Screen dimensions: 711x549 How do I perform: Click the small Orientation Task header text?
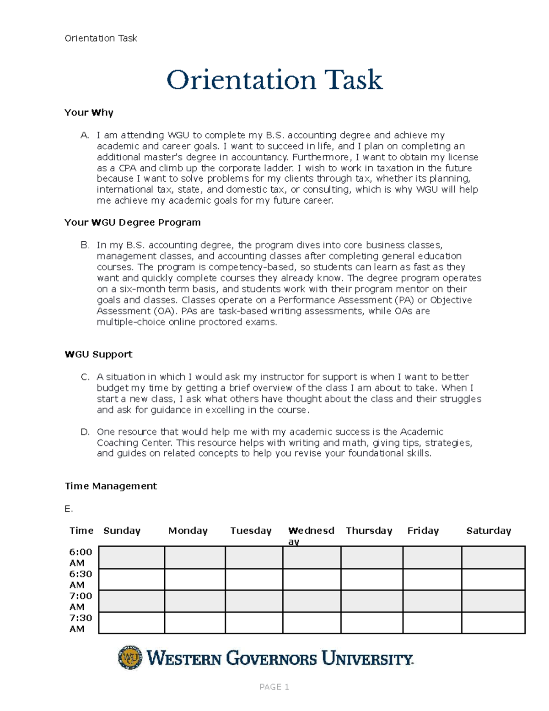(101, 38)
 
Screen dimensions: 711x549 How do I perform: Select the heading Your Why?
(89, 113)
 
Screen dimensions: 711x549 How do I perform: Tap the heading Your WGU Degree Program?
(132, 223)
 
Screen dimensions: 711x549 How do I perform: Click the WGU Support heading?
(98, 354)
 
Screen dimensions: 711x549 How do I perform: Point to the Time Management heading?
(111, 486)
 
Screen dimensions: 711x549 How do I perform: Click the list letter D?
(85, 432)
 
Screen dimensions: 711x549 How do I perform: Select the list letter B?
(85, 245)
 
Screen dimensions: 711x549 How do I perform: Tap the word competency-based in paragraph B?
(257, 267)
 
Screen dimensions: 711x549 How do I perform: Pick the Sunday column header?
(122, 531)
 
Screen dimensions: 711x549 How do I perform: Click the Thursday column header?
(369, 531)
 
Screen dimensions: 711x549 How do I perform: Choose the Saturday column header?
(488, 531)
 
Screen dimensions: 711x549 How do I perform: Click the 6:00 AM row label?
(81, 557)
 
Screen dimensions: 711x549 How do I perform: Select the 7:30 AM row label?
(81, 623)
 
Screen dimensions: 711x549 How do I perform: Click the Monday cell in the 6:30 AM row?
(194, 579)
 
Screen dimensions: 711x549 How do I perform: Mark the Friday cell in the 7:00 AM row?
(432, 601)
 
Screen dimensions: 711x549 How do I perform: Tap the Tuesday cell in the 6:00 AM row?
(254, 557)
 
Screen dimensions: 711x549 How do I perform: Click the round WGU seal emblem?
(130, 658)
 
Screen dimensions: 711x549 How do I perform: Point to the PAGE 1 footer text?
(274, 687)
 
